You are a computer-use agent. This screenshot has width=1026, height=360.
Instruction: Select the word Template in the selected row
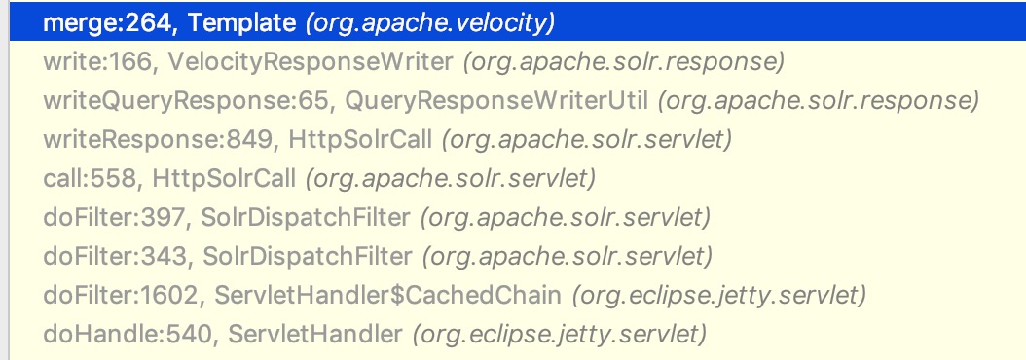pos(241,23)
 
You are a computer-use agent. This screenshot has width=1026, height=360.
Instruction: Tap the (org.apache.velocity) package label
pos(430,23)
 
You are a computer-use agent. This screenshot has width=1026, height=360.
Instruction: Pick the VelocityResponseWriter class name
pos(311,62)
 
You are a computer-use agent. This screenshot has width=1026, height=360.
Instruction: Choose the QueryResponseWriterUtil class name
pos(496,101)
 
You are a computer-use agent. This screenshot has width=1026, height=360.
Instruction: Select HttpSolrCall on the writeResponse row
pos(360,139)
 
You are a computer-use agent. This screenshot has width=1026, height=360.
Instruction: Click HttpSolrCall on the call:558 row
pos(224,178)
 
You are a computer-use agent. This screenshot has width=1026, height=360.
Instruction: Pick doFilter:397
pos(115,217)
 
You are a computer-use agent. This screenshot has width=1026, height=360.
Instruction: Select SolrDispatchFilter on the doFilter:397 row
pos(306,217)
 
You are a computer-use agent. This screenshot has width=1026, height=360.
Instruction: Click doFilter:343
pos(115,256)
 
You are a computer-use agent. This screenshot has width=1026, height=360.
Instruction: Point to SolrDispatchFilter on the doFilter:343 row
pos(308,256)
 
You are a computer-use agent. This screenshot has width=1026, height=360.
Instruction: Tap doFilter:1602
pos(121,295)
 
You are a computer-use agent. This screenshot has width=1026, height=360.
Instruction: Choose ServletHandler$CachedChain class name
pos(388,295)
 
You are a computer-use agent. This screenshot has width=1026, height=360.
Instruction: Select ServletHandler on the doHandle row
pos(314,334)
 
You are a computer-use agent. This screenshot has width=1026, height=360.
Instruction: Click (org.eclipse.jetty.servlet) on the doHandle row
pos(560,334)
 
